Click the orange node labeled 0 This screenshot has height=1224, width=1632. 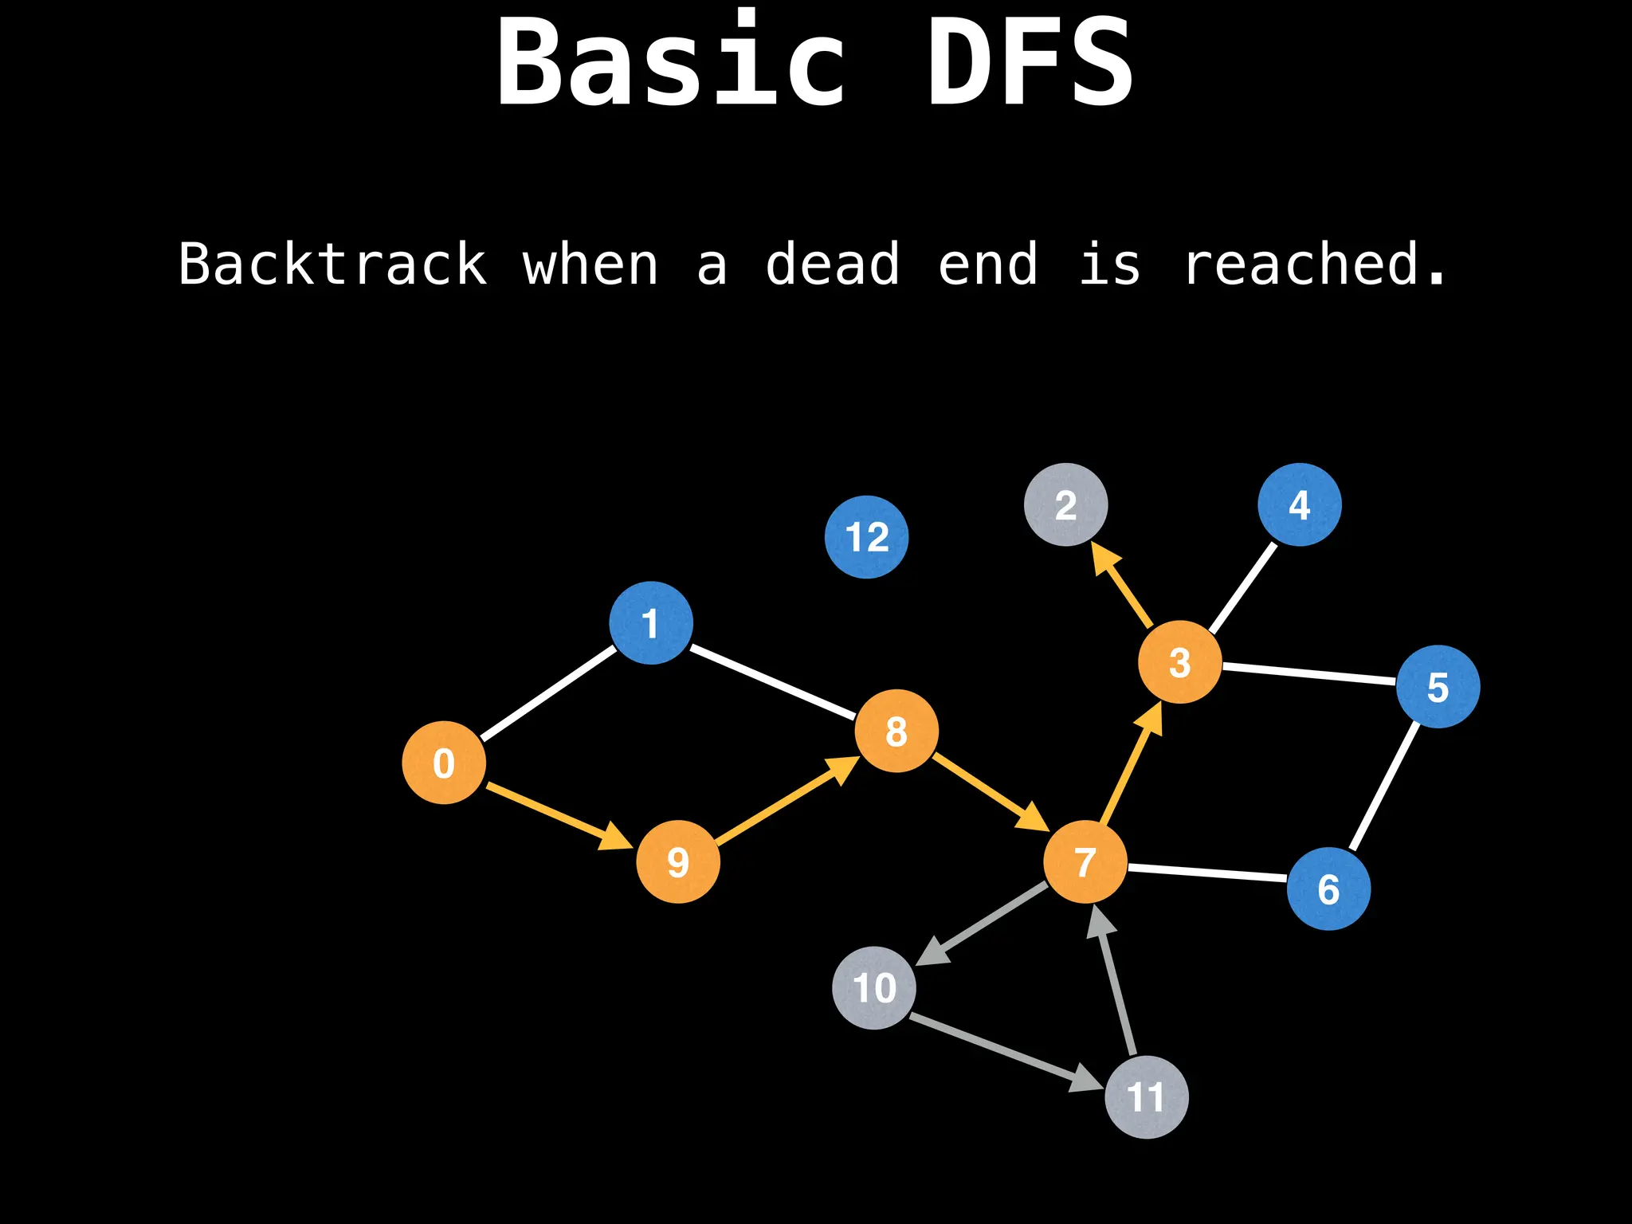pos(444,763)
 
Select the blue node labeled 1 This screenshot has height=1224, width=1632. pos(651,622)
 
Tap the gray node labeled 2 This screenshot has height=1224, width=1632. pos(1066,504)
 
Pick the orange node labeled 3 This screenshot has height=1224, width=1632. pos(1179,662)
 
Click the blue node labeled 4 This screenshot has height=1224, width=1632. pos(1300,504)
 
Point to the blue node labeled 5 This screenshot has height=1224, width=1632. pos(1438,686)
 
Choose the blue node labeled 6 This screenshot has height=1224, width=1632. pos(1328,889)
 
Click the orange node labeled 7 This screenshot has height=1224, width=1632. pos(1085,861)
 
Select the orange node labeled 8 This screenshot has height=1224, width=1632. pos(896,731)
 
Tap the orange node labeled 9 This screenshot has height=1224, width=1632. pos(678,861)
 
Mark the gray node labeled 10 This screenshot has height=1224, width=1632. pos(874,987)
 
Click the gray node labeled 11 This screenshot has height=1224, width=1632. pos(1147,1096)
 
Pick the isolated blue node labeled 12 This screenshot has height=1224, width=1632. pos(866,536)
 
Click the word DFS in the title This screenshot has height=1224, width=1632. pos(1030,62)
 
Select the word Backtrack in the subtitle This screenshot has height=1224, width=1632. pos(332,264)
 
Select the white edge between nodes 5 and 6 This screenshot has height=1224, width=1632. pos(1385,786)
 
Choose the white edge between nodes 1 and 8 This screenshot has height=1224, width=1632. pos(771,682)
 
